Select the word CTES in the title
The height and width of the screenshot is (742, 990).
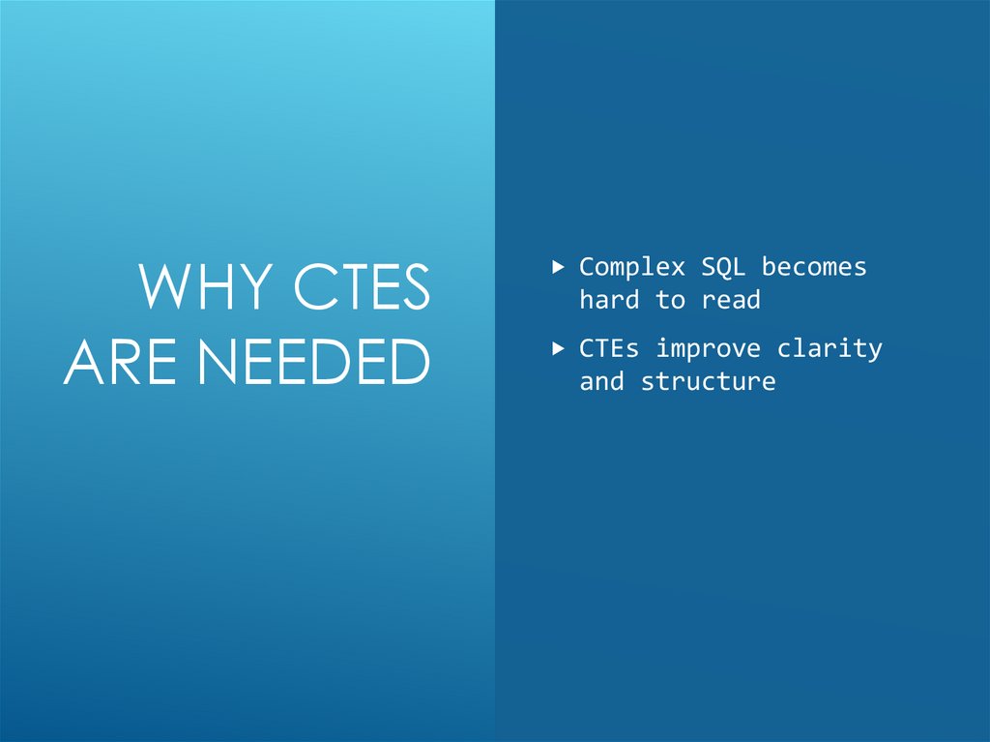[x=362, y=288]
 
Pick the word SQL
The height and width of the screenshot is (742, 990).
[x=724, y=267]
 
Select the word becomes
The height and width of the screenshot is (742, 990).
[x=814, y=267]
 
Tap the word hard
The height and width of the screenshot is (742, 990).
[x=609, y=300]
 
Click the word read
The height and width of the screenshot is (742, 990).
[x=731, y=300]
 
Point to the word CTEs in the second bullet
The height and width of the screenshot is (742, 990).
[x=609, y=348]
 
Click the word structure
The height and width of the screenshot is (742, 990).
[x=708, y=381]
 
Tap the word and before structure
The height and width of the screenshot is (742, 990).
[x=601, y=381]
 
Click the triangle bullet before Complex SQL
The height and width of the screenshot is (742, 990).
[x=558, y=264]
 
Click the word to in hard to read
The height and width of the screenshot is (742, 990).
[x=670, y=300]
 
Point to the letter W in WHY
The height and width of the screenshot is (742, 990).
[x=166, y=288]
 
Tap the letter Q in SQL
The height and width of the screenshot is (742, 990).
[x=724, y=268]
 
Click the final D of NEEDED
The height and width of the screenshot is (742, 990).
[x=409, y=362]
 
